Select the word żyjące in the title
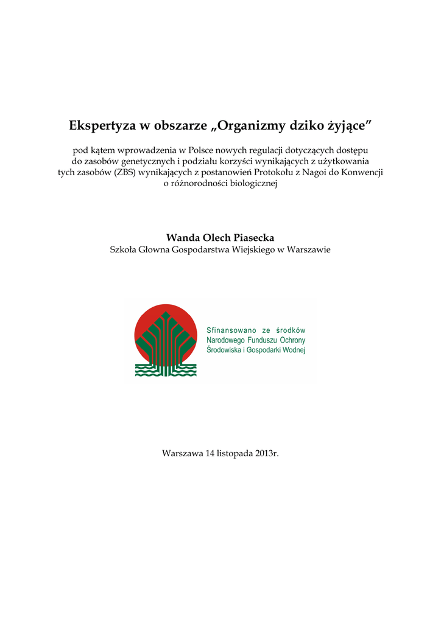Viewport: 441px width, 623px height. tap(349, 127)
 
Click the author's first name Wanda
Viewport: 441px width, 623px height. tap(182, 237)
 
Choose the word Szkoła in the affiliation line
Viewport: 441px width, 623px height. tap(124, 249)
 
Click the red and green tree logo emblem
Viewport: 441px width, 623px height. tap(166, 338)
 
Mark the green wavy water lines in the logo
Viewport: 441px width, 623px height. tap(147, 369)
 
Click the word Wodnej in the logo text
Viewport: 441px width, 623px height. tap(293, 350)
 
